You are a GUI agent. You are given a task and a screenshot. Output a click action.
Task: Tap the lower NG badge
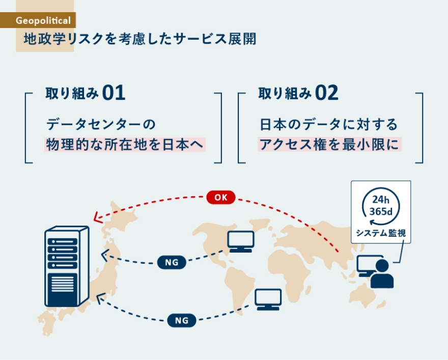[181, 320]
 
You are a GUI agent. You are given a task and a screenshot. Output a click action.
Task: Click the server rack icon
[66, 266]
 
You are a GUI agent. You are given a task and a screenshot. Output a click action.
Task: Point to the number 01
[114, 93]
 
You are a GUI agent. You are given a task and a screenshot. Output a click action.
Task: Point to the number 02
[326, 93]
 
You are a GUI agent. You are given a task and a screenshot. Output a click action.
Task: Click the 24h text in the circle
[380, 199]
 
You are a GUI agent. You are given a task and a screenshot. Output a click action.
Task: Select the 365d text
[380, 211]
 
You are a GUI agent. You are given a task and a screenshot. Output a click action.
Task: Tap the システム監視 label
[380, 233]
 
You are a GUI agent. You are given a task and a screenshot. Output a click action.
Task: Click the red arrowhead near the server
[97, 218]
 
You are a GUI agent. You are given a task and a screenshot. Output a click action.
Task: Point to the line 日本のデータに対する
[328, 124]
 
